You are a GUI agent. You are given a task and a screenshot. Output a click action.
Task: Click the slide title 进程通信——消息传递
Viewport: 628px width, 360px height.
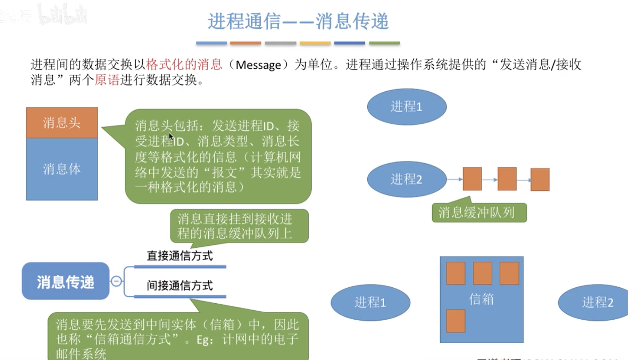click(x=298, y=21)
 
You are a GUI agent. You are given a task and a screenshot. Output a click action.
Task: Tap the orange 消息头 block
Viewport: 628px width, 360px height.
click(x=62, y=123)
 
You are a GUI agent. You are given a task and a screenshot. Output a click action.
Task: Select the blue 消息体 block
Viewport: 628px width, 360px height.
click(x=62, y=169)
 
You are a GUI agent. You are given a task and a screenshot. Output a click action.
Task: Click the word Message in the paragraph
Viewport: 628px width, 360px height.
click(x=258, y=65)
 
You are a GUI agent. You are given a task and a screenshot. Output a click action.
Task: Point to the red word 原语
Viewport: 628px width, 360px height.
click(x=107, y=80)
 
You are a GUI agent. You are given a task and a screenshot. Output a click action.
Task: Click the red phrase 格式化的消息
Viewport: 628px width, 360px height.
click(x=184, y=65)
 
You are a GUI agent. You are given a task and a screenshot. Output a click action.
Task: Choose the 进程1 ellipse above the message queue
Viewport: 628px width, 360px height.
click(x=406, y=107)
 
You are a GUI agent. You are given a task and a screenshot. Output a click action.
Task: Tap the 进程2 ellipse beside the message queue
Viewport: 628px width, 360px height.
click(x=406, y=179)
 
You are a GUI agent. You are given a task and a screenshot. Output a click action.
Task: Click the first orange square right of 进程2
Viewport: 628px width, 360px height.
click(x=472, y=179)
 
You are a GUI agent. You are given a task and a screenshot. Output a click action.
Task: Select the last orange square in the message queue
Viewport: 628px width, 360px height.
click(x=540, y=179)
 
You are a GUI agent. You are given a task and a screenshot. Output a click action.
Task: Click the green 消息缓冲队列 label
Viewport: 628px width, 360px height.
click(x=479, y=213)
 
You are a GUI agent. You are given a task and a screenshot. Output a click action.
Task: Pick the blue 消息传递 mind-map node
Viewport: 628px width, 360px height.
click(x=65, y=281)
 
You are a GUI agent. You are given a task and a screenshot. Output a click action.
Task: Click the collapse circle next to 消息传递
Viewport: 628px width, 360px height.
click(x=116, y=281)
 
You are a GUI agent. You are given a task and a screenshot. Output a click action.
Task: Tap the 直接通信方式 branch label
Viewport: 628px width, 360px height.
click(x=180, y=256)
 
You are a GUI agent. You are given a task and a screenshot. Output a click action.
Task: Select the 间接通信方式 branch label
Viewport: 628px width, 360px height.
click(x=180, y=286)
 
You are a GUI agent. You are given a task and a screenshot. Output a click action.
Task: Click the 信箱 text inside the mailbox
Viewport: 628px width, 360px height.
click(x=481, y=299)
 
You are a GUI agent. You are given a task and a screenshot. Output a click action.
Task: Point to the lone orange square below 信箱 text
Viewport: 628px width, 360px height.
click(x=455, y=321)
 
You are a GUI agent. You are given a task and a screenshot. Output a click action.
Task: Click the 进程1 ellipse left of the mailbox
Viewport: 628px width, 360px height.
click(x=370, y=302)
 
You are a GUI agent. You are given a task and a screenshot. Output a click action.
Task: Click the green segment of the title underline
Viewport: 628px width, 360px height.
click(x=384, y=43)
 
